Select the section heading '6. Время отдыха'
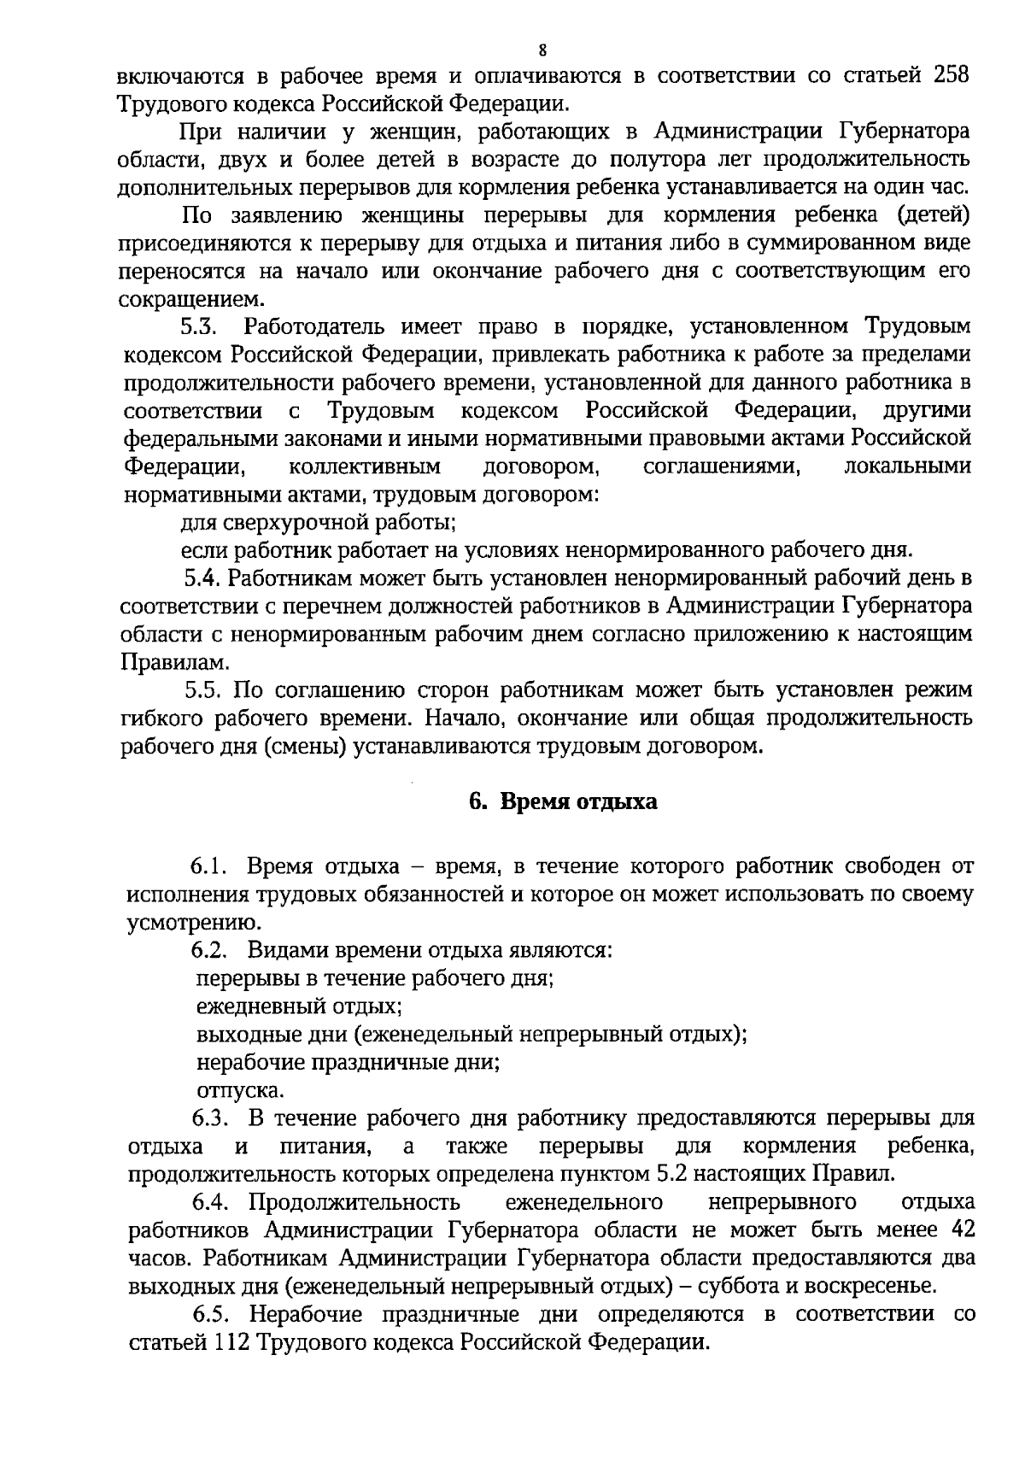(564, 803)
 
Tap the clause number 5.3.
(202, 327)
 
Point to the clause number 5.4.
(203, 578)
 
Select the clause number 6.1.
(208, 867)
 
